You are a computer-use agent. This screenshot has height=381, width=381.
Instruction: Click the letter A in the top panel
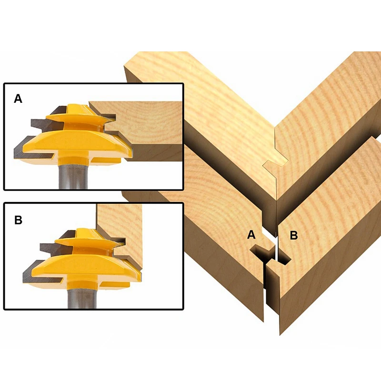(x=18, y=99)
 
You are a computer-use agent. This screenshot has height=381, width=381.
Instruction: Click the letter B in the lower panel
(x=18, y=220)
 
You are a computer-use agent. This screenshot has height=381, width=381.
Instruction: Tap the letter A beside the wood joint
(x=251, y=234)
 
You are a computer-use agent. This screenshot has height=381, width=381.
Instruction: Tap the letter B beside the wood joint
(x=294, y=235)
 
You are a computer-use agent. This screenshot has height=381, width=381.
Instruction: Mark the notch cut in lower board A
(x=260, y=252)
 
